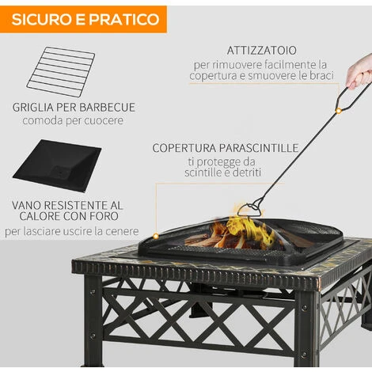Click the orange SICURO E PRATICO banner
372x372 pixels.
(83, 19)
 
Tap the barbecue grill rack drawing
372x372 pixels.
(61, 71)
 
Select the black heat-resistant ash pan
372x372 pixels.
(57, 165)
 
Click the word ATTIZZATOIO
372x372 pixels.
(262, 51)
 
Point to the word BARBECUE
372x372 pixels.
(107, 108)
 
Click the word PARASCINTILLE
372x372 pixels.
(259, 148)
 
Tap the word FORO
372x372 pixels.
(104, 216)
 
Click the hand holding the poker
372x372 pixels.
(359, 72)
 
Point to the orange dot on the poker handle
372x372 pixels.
(338, 111)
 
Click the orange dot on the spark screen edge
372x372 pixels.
(156, 236)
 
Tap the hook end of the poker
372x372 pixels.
(250, 210)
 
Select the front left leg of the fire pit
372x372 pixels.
(93, 321)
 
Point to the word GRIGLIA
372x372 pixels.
(33, 108)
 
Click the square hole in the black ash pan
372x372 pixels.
(60, 172)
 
